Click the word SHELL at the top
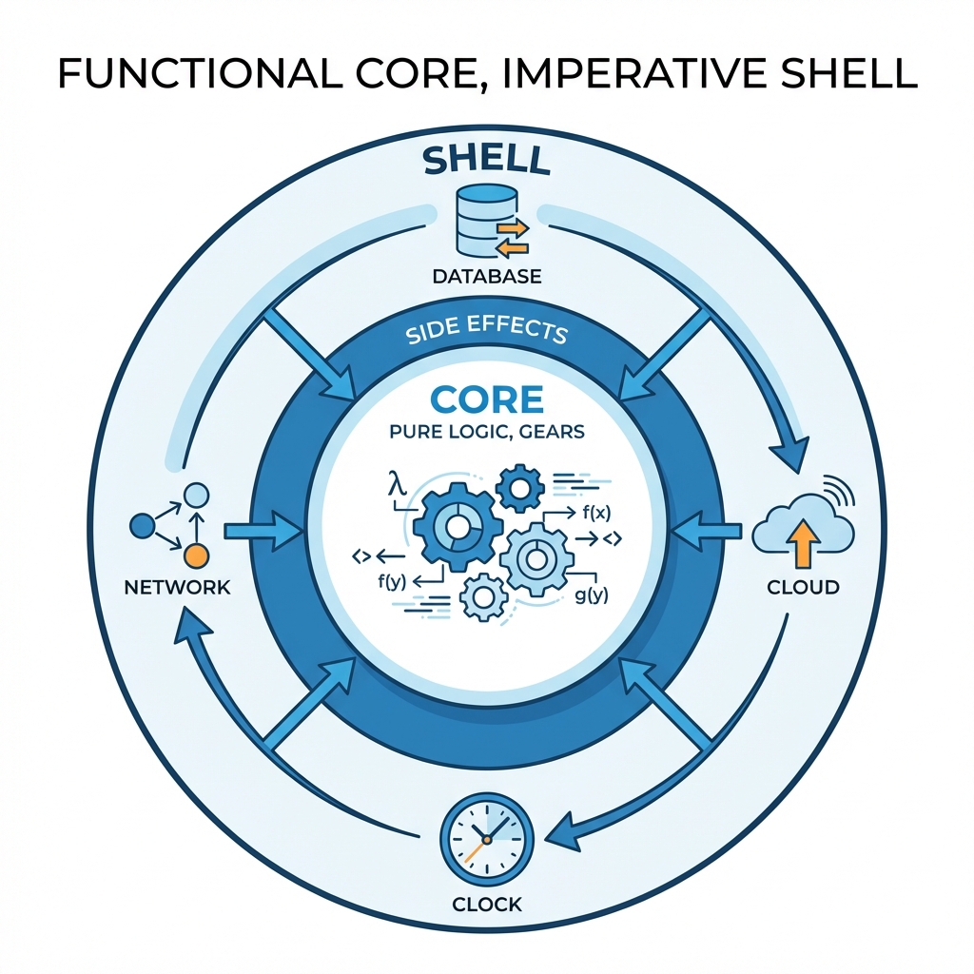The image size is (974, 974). click(487, 160)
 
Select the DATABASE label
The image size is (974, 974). click(487, 277)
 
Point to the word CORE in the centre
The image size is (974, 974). click(487, 399)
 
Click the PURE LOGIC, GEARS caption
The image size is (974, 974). click(487, 432)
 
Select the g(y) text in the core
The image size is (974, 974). click(592, 596)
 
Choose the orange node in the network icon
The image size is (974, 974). click(195, 555)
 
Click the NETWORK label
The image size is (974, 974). click(178, 587)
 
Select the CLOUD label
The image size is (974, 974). click(804, 587)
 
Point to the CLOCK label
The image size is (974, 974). click(487, 903)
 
